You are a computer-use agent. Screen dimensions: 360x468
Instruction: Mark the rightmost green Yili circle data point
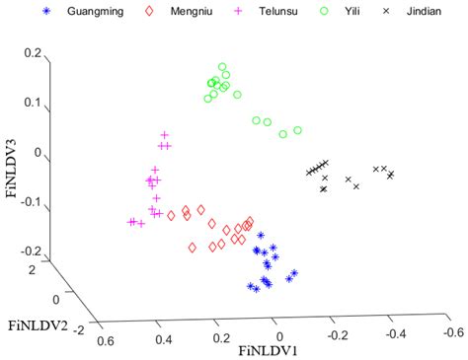click(x=298, y=129)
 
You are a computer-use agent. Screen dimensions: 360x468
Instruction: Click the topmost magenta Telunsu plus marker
click(x=165, y=135)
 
